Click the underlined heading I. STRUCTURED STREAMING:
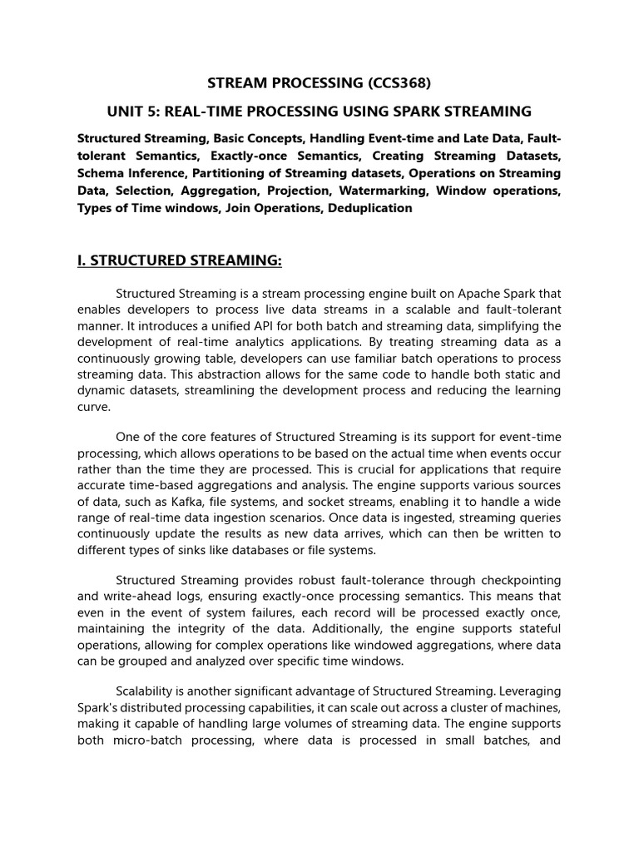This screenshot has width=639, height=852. (180, 261)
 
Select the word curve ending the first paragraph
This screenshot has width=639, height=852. (92, 408)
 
